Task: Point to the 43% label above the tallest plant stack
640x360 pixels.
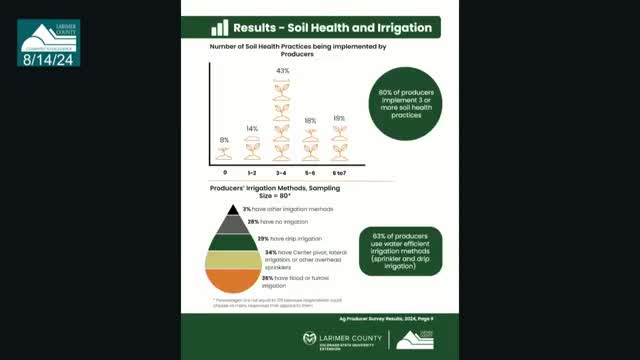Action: tap(283, 71)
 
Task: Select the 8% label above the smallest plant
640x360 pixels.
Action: tap(224, 140)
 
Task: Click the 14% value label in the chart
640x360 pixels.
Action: tap(253, 130)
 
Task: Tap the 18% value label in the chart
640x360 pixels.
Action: tap(311, 120)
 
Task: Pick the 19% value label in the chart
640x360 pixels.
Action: tap(339, 119)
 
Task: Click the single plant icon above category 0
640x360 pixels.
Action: tap(224, 153)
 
